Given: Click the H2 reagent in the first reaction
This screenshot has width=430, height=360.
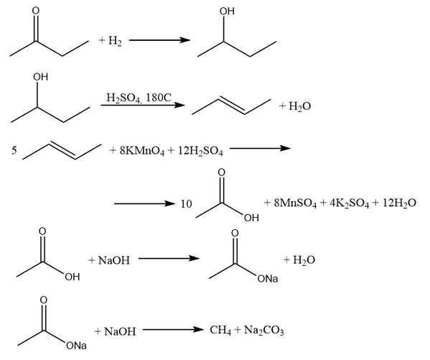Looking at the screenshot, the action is click(x=115, y=41).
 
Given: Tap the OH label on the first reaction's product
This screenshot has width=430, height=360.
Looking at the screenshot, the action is click(x=227, y=11).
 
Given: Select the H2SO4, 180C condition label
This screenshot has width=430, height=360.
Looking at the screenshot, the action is click(x=139, y=98).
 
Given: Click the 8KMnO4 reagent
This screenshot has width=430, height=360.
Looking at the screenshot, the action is click(x=142, y=151).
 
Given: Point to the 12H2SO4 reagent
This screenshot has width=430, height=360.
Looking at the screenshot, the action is click(x=200, y=151).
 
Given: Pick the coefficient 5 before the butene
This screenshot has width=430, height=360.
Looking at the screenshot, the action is click(x=14, y=150).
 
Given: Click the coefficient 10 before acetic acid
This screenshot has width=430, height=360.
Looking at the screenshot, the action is click(x=186, y=204).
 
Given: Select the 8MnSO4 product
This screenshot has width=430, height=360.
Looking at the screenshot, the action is click(x=295, y=203).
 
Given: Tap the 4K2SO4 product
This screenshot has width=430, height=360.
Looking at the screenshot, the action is click(x=349, y=203).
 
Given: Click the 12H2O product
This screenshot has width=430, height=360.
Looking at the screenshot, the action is click(x=399, y=203).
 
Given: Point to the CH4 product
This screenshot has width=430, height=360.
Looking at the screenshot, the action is click(x=220, y=330).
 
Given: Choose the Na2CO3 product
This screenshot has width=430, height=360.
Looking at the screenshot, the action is click(x=263, y=330).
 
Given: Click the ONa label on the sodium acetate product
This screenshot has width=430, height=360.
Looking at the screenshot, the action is click(x=268, y=279).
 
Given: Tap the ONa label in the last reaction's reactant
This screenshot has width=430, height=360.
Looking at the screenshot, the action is click(x=76, y=345).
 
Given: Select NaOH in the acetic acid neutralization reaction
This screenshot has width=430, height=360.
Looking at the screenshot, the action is click(x=114, y=260).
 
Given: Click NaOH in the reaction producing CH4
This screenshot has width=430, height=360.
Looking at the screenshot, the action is click(x=120, y=332).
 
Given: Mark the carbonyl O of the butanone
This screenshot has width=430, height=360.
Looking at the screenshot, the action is click(x=36, y=11).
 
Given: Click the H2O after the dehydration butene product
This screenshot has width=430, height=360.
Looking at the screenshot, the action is click(x=300, y=106).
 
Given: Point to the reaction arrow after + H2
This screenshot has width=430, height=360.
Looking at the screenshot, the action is click(x=159, y=40).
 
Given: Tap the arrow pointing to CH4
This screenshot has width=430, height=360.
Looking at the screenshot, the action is click(x=173, y=329).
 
